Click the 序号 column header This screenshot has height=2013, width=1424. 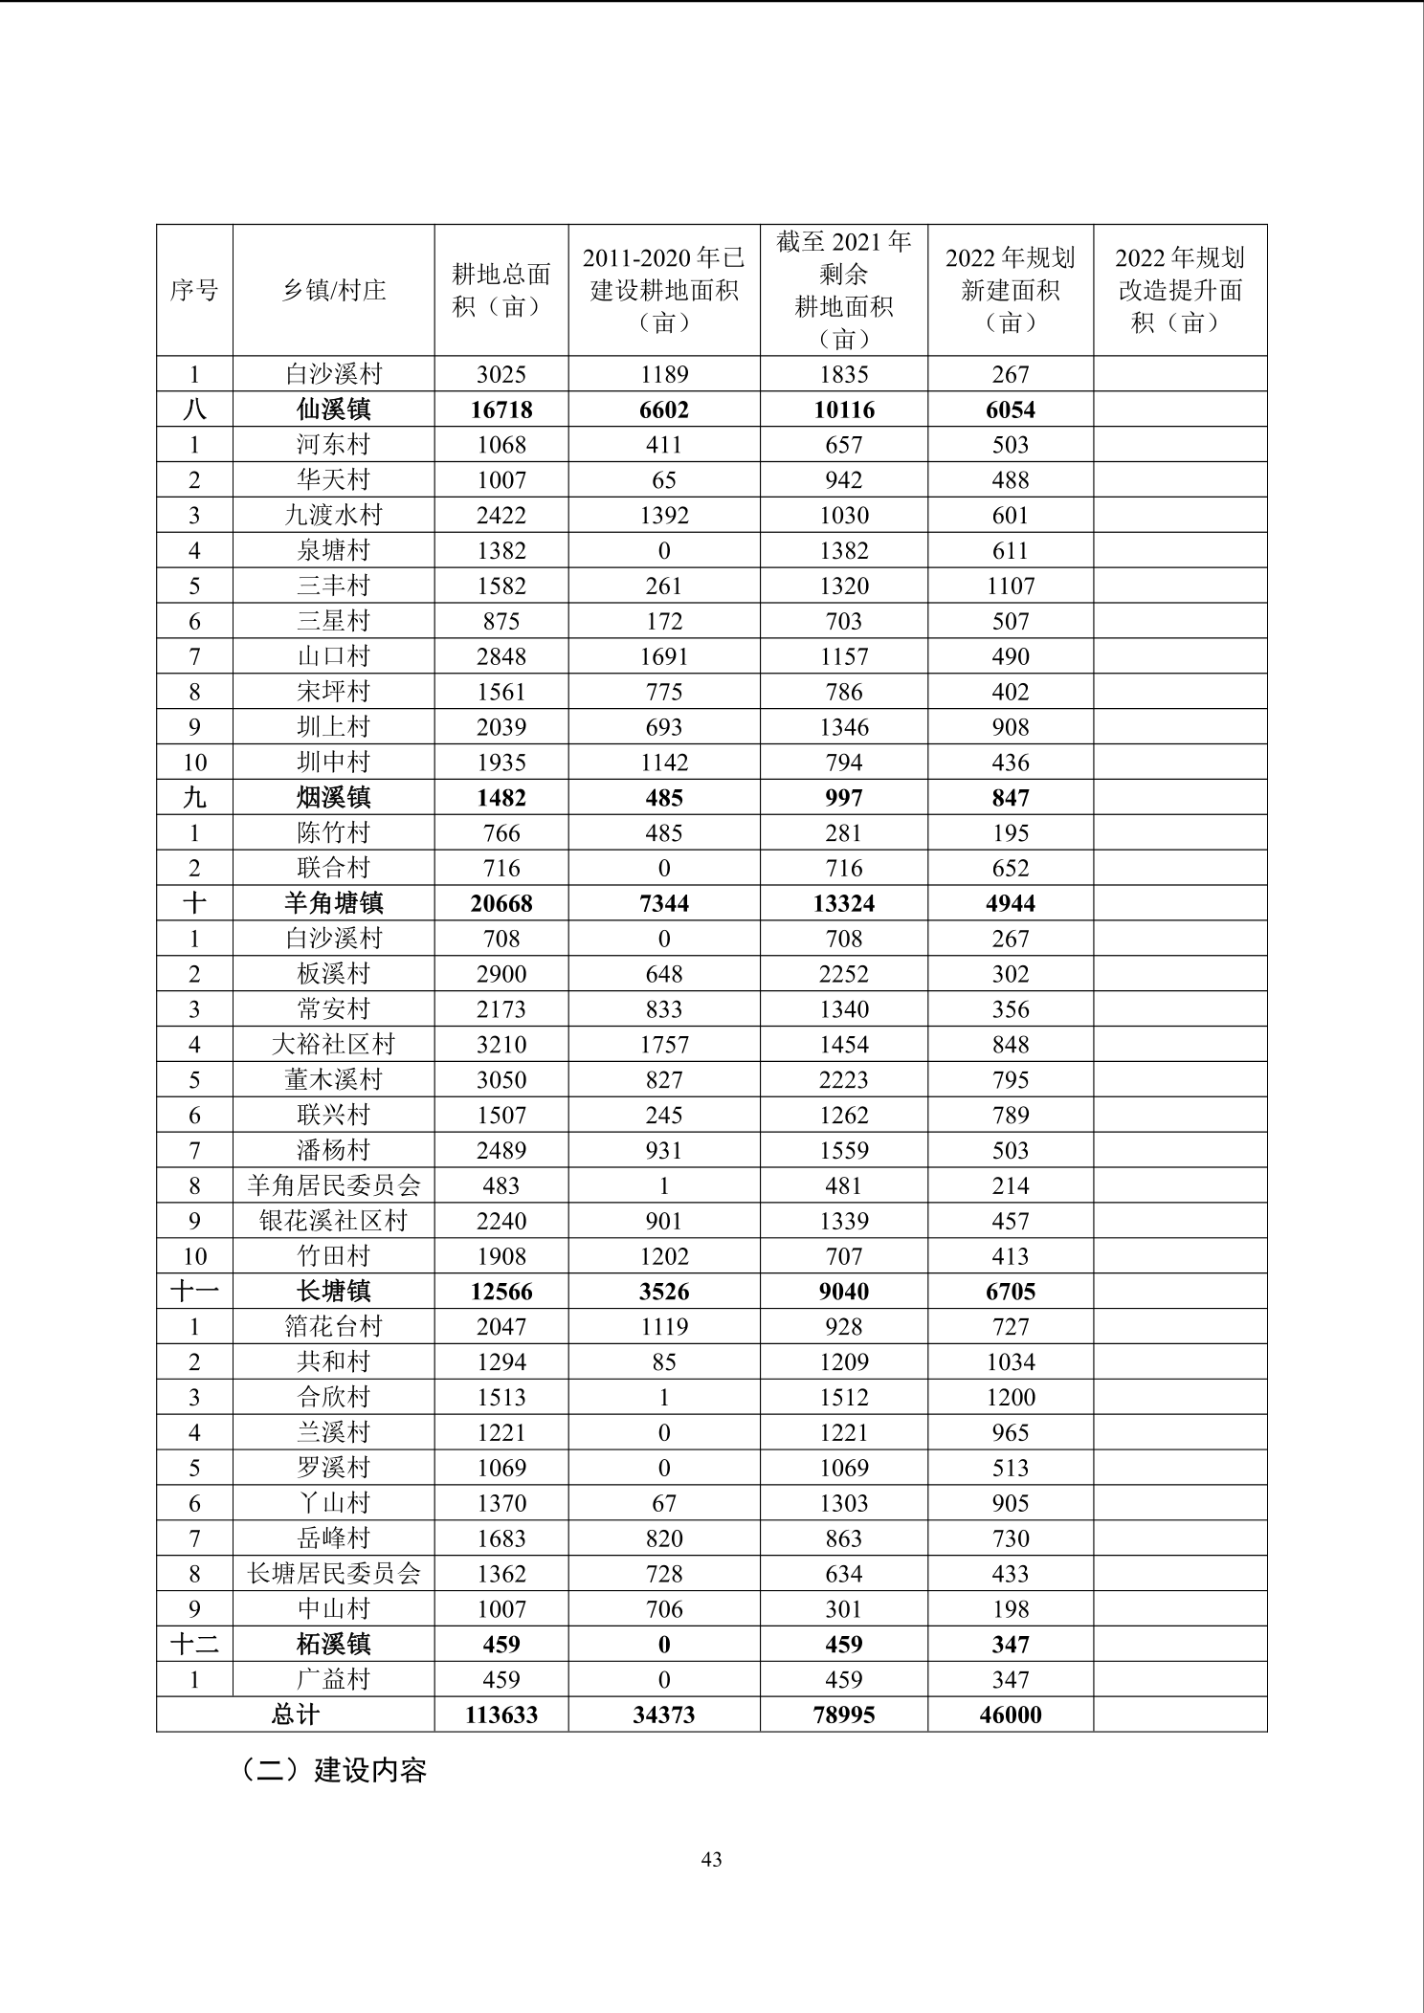(x=194, y=290)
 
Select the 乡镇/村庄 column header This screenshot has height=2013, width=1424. (x=333, y=290)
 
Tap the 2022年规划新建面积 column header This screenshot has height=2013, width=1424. (x=1010, y=290)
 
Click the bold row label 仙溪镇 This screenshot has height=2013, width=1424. (x=333, y=409)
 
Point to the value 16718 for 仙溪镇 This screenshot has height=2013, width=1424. (x=501, y=409)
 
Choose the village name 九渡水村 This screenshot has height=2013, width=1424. (x=333, y=516)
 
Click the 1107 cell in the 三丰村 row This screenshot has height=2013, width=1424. (x=1011, y=586)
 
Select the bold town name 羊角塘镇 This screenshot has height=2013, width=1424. (x=333, y=903)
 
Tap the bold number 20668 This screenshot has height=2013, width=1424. (x=501, y=903)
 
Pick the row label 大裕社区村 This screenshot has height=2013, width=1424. (x=333, y=1045)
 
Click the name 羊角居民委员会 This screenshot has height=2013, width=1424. (x=333, y=1185)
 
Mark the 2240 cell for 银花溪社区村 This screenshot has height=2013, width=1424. (x=501, y=1221)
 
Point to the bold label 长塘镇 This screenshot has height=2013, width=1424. (x=333, y=1292)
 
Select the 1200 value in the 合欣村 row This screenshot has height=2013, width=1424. (x=1011, y=1398)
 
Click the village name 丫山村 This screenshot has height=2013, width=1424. (x=333, y=1503)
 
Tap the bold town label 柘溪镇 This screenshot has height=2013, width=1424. (x=333, y=1645)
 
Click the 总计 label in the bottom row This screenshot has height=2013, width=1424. (x=295, y=1714)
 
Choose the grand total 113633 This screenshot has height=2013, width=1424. (x=501, y=1715)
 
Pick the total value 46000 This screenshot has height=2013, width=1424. (x=1011, y=1715)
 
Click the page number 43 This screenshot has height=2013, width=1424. (x=711, y=1860)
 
